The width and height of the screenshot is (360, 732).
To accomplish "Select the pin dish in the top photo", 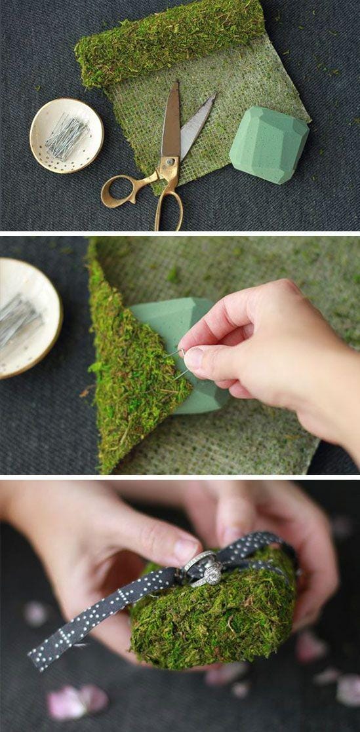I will pyautogui.click(x=66, y=135).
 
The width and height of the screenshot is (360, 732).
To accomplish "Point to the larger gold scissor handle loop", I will pyautogui.click(x=169, y=208).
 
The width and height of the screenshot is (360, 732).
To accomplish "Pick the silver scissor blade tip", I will pyautogui.click(x=211, y=98).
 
